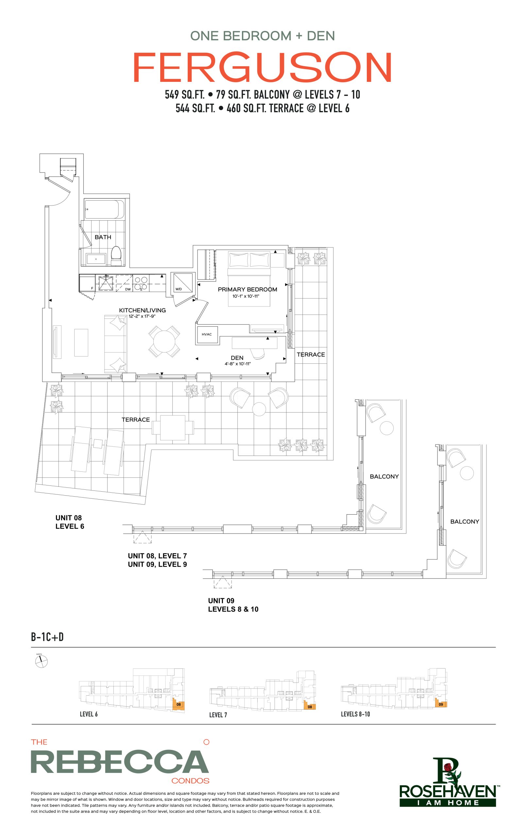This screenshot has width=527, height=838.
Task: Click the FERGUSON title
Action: point(263,67)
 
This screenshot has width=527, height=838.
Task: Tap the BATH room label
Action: point(103,237)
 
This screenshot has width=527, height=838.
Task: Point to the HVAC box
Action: point(207,335)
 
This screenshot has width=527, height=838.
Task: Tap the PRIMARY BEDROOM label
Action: point(247,289)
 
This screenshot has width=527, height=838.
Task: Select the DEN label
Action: point(237,358)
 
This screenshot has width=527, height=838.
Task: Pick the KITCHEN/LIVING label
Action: point(142,310)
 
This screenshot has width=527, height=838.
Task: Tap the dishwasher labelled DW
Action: point(124,283)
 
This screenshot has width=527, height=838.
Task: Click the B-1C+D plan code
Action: point(47,637)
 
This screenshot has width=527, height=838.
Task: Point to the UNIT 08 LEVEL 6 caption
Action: point(70,522)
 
